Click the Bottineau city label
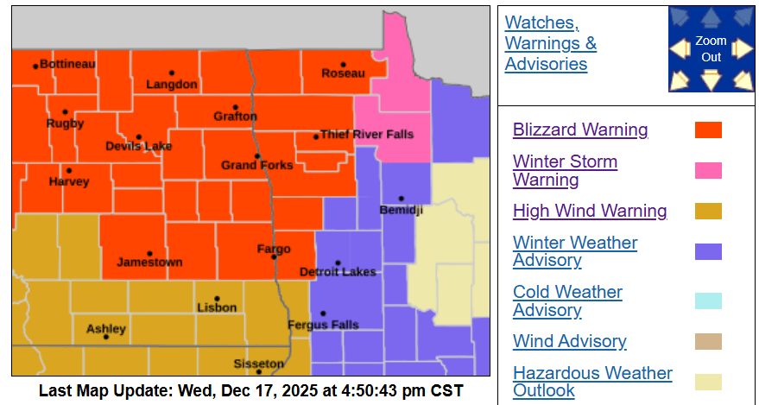(x=67, y=65)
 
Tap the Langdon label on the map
(x=172, y=85)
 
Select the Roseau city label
(x=343, y=74)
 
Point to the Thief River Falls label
(x=366, y=135)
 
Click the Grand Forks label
(x=256, y=165)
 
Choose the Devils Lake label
(x=139, y=146)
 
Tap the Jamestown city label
(x=149, y=262)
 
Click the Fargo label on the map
(x=274, y=249)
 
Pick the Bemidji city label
(x=401, y=210)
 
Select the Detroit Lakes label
(x=338, y=271)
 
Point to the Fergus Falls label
(x=322, y=325)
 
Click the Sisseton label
(x=258, y=364)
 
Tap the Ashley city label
(x=106, y=329)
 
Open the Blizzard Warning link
(x=580, y=130)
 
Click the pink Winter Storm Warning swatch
(x=708, y=171)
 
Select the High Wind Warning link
(x=590, y=211)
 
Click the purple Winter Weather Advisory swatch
(x=708, y=251)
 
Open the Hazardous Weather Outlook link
(x=592, y=382)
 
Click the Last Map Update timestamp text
(x=250, y=390)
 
